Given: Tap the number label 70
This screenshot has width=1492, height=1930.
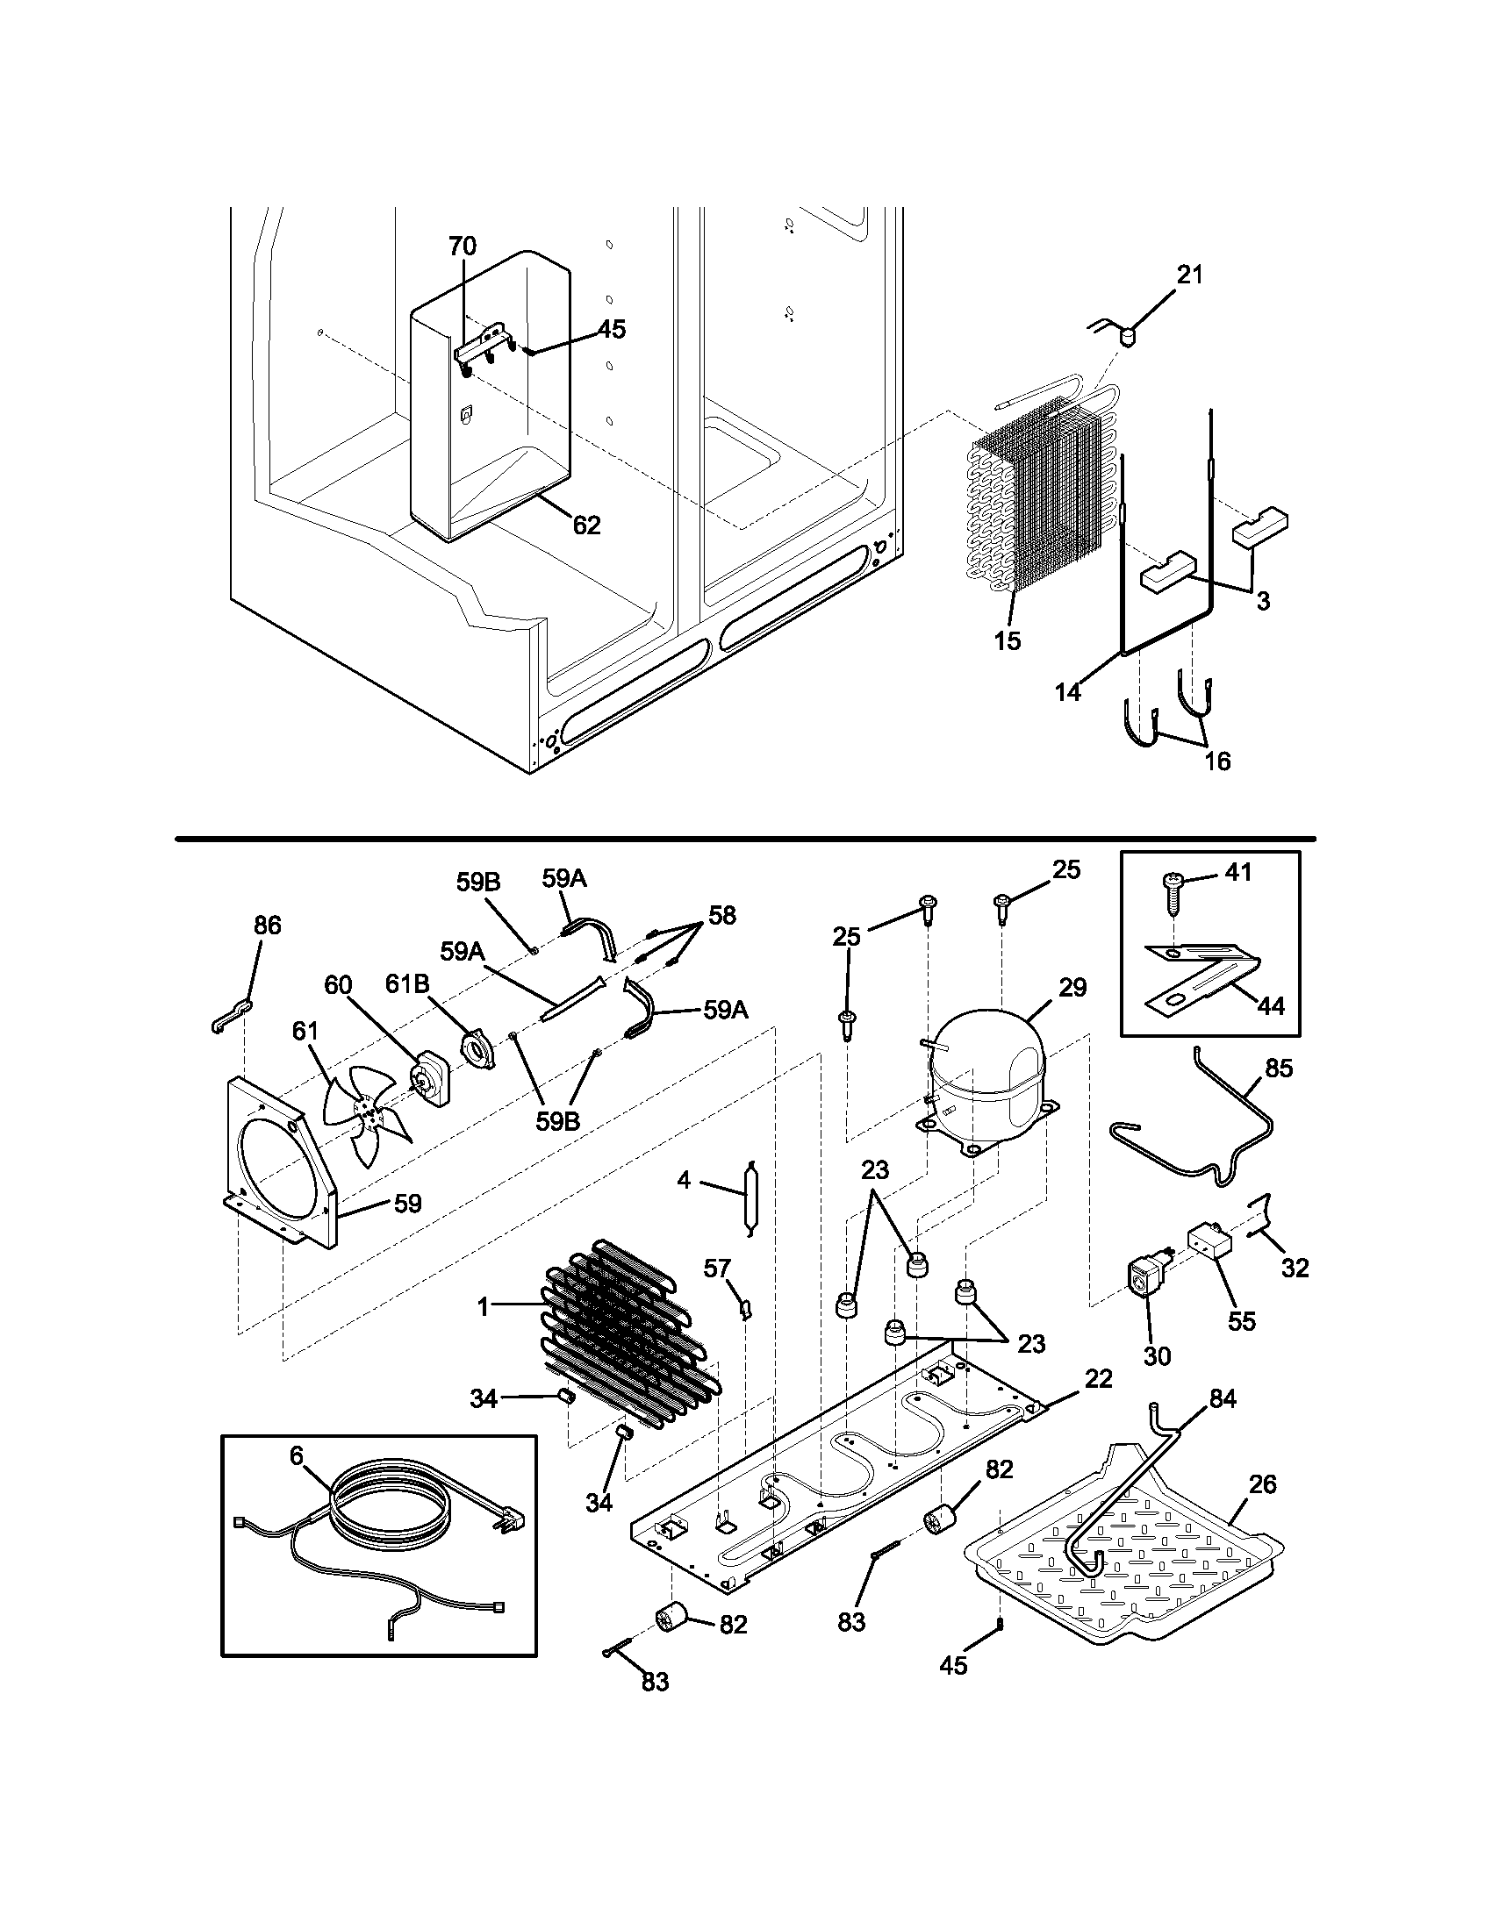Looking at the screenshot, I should [x=463, y=246].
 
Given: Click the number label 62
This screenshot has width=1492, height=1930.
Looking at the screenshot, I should [x=586, y=525].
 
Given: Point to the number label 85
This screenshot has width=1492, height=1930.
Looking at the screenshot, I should [x=1278, y=1069].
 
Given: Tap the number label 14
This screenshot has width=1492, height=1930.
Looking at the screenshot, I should [x=1068, y=692].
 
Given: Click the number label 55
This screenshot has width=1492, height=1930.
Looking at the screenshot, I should [x=1241, y=1322].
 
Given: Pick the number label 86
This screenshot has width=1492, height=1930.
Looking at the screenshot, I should [x=267, y=925].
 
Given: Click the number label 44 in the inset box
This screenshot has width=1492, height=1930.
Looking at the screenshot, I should [x=1270, y=1005].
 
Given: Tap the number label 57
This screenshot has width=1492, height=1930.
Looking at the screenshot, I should [x=717, y=1269].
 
